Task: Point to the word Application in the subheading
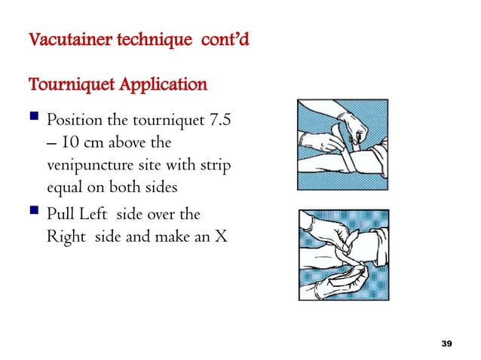coord(160,84)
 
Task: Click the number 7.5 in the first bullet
coord(214,121)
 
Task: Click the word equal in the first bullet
coord(65,185)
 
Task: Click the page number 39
coord(446,343)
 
